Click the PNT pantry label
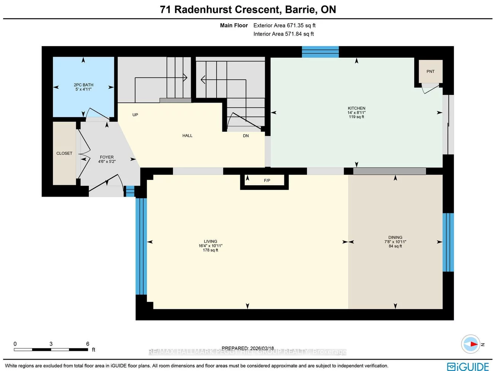pyautogui.click(x=430, y=71)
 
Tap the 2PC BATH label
pyautogui.click(x=83, y=85)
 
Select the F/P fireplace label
pyautogui.click(x=267, y=180)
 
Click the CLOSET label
pyautogui.click(x=64, y=153)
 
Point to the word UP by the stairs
pyautogui.click(x=135, y=115)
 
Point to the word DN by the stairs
pyautogui.click(x=246, y=136)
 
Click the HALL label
pyautogui.click(x=187, y=136)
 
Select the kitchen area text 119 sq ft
pyautogui.click(x=356, y=117)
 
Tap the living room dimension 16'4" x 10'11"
pyautogui.click(x=211, y=246)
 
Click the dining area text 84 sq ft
pyautogui.click(x=395, y=246)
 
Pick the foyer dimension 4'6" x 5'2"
pyautogui.click(x=107, y=162)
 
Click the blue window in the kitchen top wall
pyautogui.click(x=320, y=52)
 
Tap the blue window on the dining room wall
pyautogui.click(x=448, y=242)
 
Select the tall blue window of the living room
pyautogui.click(x=141, y=246)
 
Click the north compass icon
pyautogui.click(x=471, y=344)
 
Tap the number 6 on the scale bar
pyautogui.click(x=88, y=344)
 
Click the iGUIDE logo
pyautogui.click(x=468, y=366)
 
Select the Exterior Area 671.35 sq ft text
pyautogui.click(x=284, y=26)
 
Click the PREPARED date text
pyautogui.click(x=247, y=348)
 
